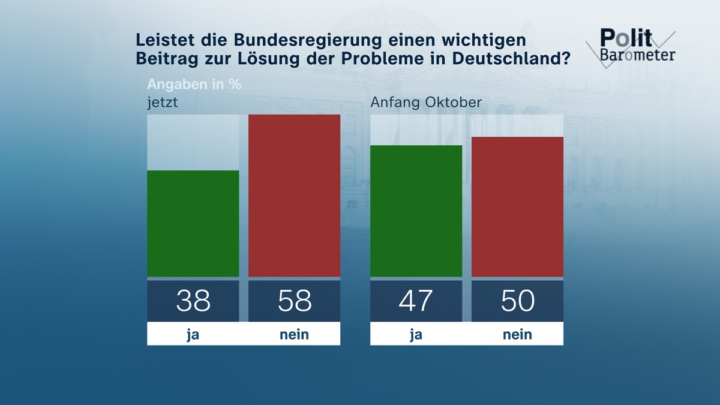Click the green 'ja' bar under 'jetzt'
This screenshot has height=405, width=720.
pos(193,224)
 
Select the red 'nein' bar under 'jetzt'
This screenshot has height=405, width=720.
pos(294,196)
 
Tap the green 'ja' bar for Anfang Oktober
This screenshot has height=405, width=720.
pos(416,211)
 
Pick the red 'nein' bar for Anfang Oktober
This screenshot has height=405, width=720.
pos(517,207)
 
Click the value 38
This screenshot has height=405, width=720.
pos(193,301)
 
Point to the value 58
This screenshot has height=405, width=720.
pos(294,301)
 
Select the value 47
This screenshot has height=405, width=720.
pos(416,301)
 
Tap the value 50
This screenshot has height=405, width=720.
pos(517,301)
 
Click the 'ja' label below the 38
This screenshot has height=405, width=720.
pos(193,334)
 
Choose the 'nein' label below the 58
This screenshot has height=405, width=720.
pos(294,334)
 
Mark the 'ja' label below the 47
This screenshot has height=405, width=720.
pos(416,334)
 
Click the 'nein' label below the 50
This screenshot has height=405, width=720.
pos(517,334)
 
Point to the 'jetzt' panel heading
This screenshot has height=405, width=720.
pos(163,103)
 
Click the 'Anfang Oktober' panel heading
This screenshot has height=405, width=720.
pos(426,102)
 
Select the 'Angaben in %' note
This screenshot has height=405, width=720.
pos(194,84)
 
